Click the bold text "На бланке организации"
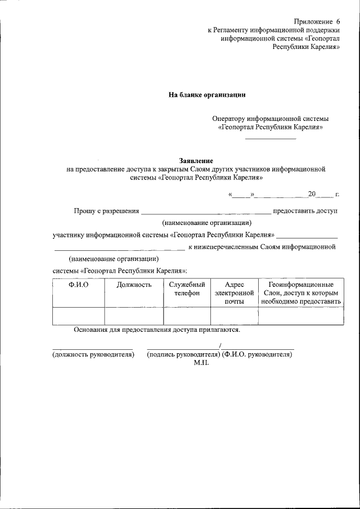coord(208,95)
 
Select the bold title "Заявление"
coord(196,160)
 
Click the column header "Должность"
coord(134,285)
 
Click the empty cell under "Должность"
coord(134,316)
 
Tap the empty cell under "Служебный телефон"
coord(187,316)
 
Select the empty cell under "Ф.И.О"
coord(78,316)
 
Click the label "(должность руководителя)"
coord(93,355)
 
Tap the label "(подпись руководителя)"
coord(182,355)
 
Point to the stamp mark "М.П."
coord(201,363)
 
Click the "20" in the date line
coord(312,194)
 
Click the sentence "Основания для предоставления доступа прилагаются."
coord(157,330)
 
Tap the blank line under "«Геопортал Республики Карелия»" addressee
coord(270,137)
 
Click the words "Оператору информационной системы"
coord(270,119)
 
